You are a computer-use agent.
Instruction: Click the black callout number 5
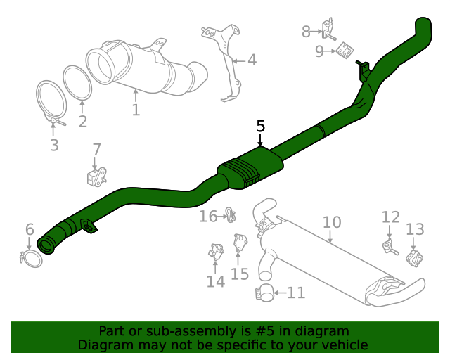(x=260, y=127)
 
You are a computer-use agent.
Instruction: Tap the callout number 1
(x=136, y=110)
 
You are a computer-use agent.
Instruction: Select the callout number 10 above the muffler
(x=332, y=222)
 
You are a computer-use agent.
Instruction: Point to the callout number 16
(x=208, y=216)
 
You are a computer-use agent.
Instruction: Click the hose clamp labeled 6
(x=31, y=259)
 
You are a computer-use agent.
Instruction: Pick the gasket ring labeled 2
(x=77, y=83)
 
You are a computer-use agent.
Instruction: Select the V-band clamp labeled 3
(x=51, y=103)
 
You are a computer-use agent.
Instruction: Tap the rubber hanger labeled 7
(x=97, y=176)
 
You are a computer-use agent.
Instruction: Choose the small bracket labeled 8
(x=328, y=29)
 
